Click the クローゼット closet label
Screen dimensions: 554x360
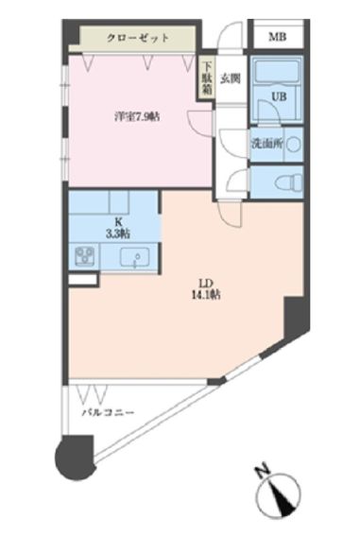(138, 39)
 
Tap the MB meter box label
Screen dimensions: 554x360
(276, 37)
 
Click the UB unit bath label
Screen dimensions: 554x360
(280, 96)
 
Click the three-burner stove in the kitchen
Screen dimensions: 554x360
(82, 256)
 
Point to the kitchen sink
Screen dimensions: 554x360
(136, 257)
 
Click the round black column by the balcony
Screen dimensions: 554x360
(73, 458)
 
